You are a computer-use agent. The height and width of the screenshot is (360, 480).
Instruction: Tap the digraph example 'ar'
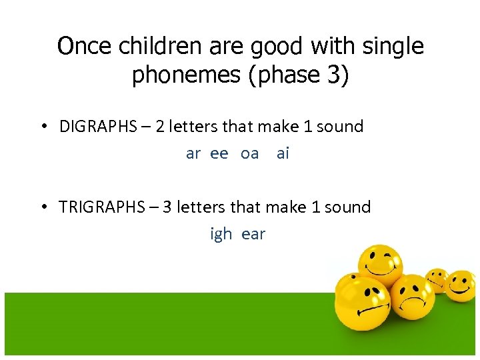[193, 154]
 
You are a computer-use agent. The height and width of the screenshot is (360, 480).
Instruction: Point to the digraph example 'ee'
[219, 154]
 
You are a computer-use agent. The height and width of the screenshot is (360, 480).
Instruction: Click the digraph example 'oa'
[249, 154]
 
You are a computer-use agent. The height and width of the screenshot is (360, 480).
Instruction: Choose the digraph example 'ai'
[283, 154]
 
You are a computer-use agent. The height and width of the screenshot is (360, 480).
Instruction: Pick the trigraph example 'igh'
[221, 235]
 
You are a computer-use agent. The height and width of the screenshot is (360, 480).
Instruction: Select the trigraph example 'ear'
[253, 235]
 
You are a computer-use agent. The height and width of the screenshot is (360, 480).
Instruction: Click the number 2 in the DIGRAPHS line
[160, 127]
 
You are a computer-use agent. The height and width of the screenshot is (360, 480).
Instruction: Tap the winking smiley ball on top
[379, 265]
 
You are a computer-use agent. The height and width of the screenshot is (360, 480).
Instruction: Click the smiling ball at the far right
[461, 285]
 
